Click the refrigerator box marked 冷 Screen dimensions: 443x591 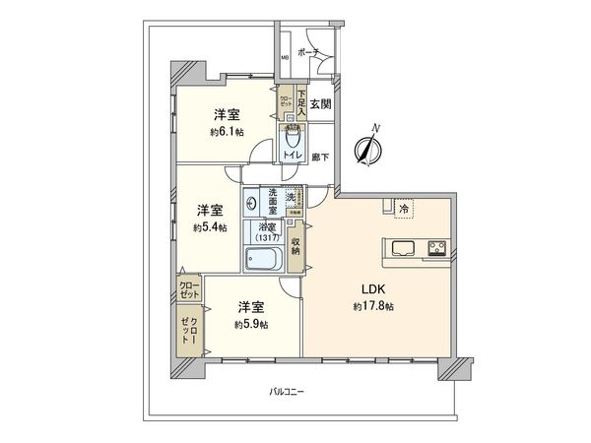tap(403, 208)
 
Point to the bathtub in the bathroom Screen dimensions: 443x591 tap(264, 261)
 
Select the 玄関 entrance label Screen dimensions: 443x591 tap(321, 103)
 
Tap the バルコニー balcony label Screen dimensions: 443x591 tap(288, 393)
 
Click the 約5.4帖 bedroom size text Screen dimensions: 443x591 tap(209, 226)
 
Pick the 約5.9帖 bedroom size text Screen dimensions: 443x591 tap(250, 324)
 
